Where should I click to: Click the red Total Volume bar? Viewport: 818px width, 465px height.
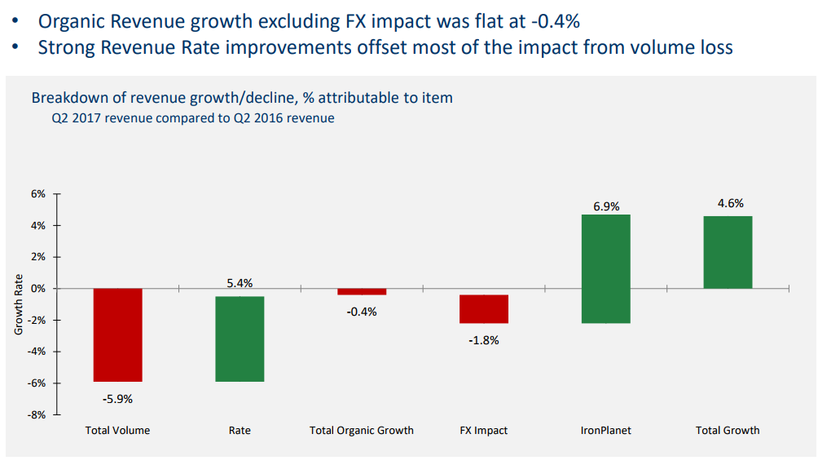(118, 334)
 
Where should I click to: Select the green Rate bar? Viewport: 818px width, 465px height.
(240, 339)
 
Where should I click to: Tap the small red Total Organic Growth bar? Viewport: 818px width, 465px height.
(362, 291)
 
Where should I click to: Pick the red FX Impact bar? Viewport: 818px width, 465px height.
(483, 309)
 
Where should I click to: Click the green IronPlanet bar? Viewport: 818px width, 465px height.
(605, 268)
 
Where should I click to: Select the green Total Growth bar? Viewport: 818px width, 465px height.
(728, 252)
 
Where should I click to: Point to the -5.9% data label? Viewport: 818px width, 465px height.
(117, 399)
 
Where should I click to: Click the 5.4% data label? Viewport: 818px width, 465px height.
(240, 283)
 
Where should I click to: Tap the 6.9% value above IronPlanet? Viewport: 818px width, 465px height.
(605, 206)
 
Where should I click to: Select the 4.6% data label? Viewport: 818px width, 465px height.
(730, 203)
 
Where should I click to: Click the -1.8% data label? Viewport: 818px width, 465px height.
(483, 340)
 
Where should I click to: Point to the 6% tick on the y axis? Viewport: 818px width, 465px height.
(38, 194)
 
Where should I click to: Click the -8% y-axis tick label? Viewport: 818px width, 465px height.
(37, 414)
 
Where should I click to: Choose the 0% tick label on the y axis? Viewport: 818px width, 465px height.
(38, 289)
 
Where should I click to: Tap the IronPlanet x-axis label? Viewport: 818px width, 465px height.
(605, 430)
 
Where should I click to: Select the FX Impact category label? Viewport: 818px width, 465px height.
(483, 430)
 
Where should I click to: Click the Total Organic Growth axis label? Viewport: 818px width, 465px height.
(362, 430)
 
